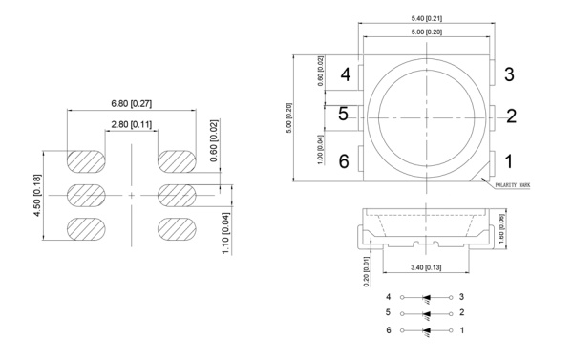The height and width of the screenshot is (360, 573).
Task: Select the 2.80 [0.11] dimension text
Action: (131, 124)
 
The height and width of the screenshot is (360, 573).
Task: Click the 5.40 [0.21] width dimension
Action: (424, 18)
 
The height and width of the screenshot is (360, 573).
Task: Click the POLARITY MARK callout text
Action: (519, 187)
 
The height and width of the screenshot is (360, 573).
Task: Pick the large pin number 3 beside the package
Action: (509, 74)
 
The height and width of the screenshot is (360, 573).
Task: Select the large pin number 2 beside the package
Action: (511, 116)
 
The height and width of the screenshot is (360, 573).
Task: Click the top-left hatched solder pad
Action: (86, 159)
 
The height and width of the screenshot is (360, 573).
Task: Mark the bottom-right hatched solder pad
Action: (177, 229)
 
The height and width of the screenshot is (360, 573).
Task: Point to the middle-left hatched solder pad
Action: (86, 194)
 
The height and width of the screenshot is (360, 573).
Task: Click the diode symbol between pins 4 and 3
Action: (427, 298)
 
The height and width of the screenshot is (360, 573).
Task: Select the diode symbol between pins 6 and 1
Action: (427, 330)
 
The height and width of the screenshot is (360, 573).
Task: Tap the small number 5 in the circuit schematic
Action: (389, 313)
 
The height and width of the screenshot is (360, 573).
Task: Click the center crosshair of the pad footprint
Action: (132, 194)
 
